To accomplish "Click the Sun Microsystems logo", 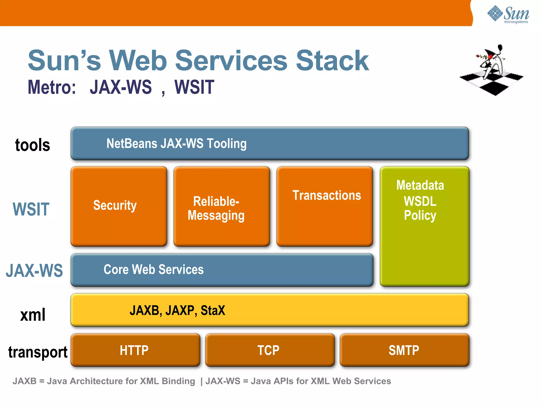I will (x=508, y=15).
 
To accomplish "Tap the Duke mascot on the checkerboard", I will (x=492, y=70).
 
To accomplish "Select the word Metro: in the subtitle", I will (x=52, y=87).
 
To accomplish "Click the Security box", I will (x=119, y=206).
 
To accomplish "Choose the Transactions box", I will (x=324, y=206).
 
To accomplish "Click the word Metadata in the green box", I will (x=420, y=185).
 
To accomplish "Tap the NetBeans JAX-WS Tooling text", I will (x=176, y=144).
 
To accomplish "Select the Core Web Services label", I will (x=153, y=270).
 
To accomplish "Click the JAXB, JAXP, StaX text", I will (x=177, y=310).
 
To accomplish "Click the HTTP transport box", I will (x=135, y=350).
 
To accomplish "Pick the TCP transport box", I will (x=269, y=350).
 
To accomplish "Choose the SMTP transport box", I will (x=404, y=350).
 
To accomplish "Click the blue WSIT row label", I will (x=31, y=209).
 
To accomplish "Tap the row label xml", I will (x=33, y=315).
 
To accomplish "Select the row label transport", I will (x=38, y=352).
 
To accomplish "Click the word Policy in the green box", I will (x=420, y=215).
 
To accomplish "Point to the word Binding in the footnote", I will (x=178, y=381).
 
